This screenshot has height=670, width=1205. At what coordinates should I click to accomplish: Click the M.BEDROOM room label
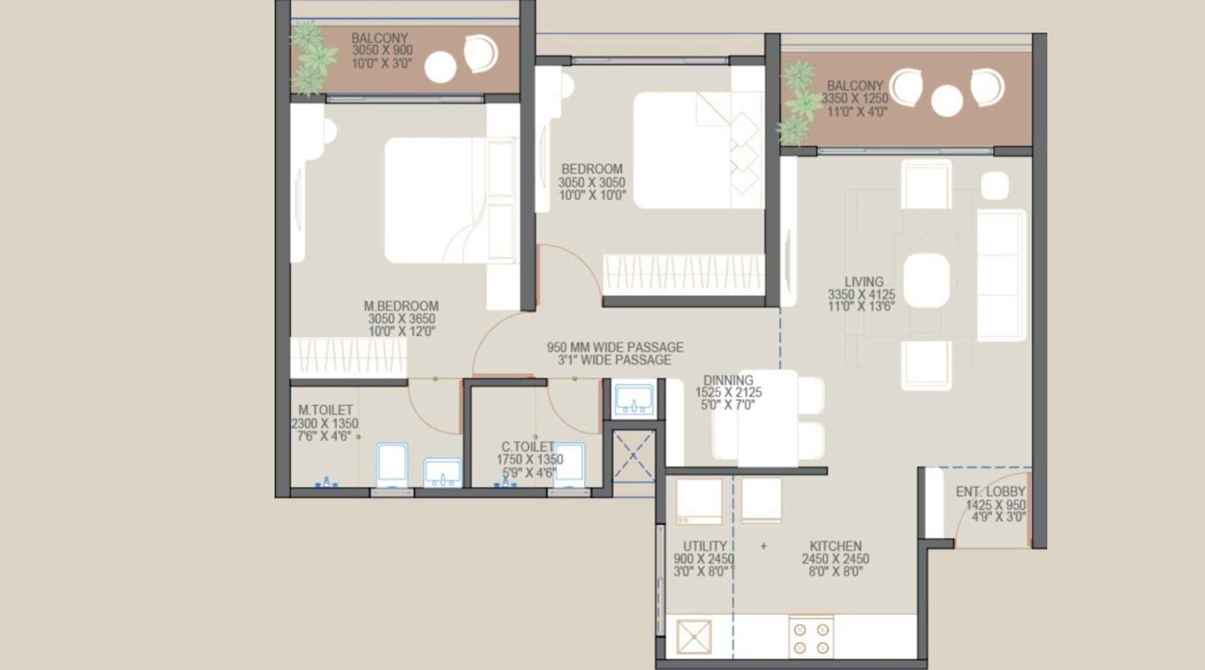(401, 306)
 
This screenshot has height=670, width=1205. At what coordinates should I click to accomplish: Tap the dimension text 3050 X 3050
(591, 182)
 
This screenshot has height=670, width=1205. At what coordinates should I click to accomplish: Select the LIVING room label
(863, 282)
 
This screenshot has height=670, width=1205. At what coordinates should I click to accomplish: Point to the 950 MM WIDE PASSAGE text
(615, 347)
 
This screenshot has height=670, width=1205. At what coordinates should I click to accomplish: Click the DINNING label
(728, 381)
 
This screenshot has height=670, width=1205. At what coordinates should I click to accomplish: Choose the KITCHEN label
(835, 546)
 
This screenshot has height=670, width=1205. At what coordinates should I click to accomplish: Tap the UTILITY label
(704, 546)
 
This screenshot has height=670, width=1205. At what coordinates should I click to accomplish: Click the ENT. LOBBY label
(990, 491)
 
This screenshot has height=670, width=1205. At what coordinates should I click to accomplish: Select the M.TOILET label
(325, 410)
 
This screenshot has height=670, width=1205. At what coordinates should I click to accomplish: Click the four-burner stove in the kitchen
(811, 637)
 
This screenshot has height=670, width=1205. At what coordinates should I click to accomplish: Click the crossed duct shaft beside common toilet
(633, 454)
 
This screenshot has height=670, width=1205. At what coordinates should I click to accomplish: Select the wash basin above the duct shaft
(634, 399)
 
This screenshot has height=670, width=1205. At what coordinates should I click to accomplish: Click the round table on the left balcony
(441, 68)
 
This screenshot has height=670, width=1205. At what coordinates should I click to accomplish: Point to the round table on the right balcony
(947, 100)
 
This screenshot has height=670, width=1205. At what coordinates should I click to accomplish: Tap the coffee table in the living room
(926, 280)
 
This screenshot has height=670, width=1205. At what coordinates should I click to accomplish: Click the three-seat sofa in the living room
(1002, 275)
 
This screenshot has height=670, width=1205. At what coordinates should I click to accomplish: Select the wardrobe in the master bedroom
(349, 356)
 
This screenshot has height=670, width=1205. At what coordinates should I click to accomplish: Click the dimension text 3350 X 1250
(854, 99)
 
